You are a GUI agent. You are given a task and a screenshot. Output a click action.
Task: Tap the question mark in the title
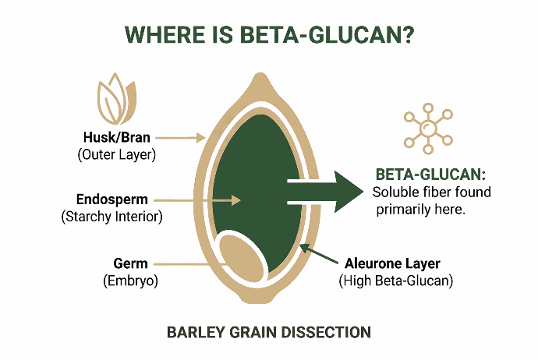point(405,36)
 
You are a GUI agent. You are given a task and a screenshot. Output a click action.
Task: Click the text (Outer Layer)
point(116,154)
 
